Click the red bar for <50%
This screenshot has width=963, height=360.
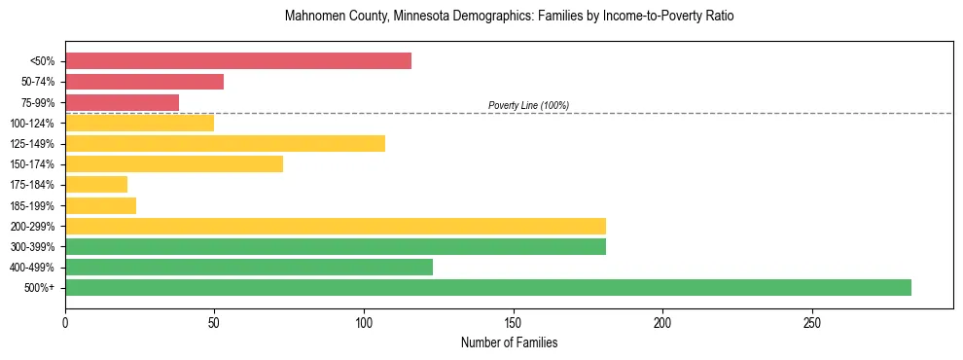(x=238, y=61)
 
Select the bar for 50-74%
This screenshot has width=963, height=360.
(x=144, y=82)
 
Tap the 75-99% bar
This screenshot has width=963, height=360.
(x=122, y=102)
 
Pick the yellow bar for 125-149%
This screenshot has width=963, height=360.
(x=225, y=143)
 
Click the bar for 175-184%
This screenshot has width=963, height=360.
(x=96, y=185)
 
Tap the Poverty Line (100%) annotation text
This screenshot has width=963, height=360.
(x=528, y=105)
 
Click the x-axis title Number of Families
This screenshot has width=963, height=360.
(x=509, y=342)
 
